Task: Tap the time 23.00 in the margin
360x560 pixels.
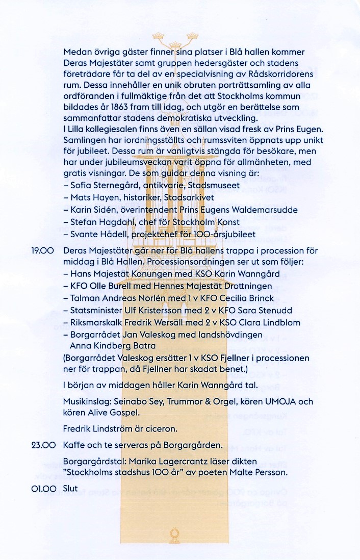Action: pyautogui.click(x=43, y=445)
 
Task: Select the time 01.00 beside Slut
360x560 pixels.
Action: pyautogui.click(x=43, y=488)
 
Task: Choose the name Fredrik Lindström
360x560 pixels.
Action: pyautogui.click(x=98, y=429)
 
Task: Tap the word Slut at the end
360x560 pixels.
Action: pyautogui.click(x=70, y=488)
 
